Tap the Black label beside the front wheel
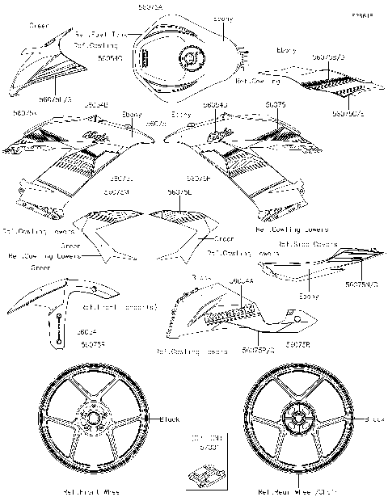pyautogui.click(x=170, y=419)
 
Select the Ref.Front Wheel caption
pyautogui.click(x=93, y=490)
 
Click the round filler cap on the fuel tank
pyautogui.click(x=192, y=61)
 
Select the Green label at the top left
pyautogui.click(x=39, y=25)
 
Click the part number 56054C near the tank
pyautogui.click(x=110, y=57)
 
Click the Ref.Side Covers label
pyautogui.click(x=303, y=242)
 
